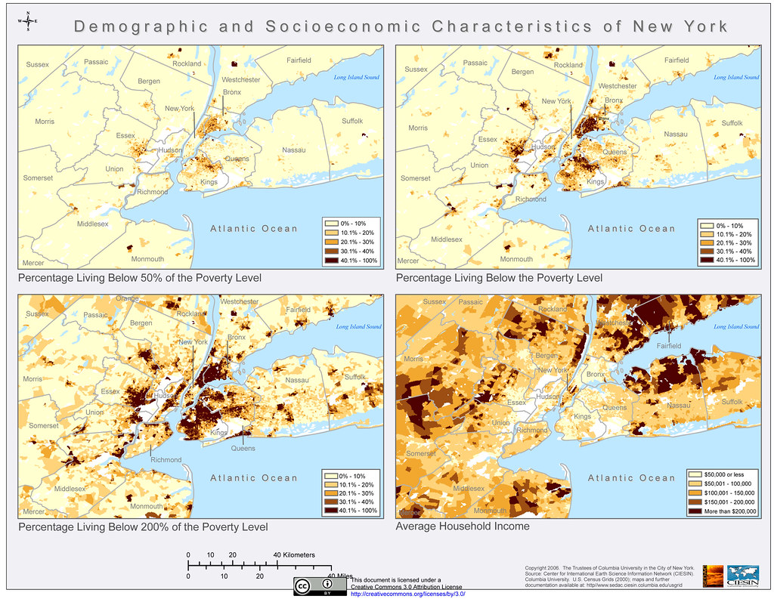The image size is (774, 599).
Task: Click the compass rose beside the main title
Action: tap(28, 23)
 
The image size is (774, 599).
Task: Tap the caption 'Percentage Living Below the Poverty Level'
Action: tap(499, 278)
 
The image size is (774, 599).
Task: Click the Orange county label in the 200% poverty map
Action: tap(128, 298)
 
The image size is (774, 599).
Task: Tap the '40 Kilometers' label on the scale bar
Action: tap(295, 554)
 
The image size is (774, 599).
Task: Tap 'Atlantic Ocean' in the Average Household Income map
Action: tap(632, 477)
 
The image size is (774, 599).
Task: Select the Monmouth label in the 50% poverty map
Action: tap(147, 258)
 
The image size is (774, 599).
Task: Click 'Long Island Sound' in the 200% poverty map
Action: tap(358, 327)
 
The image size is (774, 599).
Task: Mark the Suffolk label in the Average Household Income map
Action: tap(734, 402)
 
